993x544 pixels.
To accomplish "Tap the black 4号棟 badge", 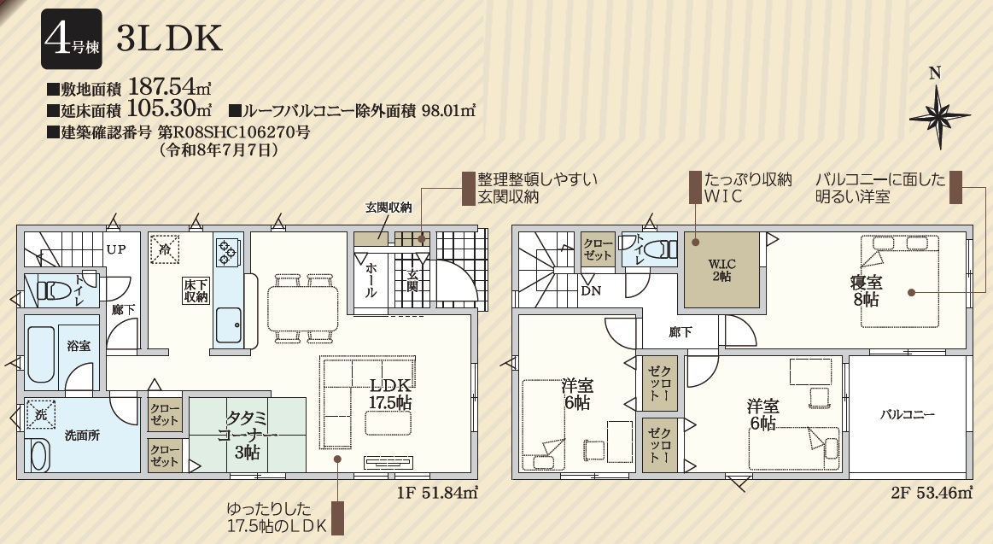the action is (72, 39).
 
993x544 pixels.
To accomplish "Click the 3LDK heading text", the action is (170, 39).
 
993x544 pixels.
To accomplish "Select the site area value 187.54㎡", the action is (170, 86).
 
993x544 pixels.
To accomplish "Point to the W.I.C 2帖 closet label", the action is (721, 271).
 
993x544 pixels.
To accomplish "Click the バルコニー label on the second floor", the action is (908, 415).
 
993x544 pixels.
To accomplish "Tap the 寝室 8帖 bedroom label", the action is (867, 290).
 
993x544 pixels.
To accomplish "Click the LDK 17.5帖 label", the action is (391, 394).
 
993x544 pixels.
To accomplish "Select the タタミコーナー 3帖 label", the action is (247, 436).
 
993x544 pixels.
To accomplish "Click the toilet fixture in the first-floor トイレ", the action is (53, 290).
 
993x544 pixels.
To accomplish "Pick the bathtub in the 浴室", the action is (41, 354).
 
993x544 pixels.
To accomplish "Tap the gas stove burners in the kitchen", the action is (227, 251).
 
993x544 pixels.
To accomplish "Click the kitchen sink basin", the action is (227, 327).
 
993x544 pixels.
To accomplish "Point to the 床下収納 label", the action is (196, 290).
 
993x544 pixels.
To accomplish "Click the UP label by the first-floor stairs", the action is (116, 249).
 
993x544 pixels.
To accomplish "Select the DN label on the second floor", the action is (591, 291).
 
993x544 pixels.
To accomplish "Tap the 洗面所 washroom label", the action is (82, 436).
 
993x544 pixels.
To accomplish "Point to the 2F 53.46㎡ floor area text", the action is (932, 492).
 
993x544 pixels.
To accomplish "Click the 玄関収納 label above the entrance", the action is (388, 207).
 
